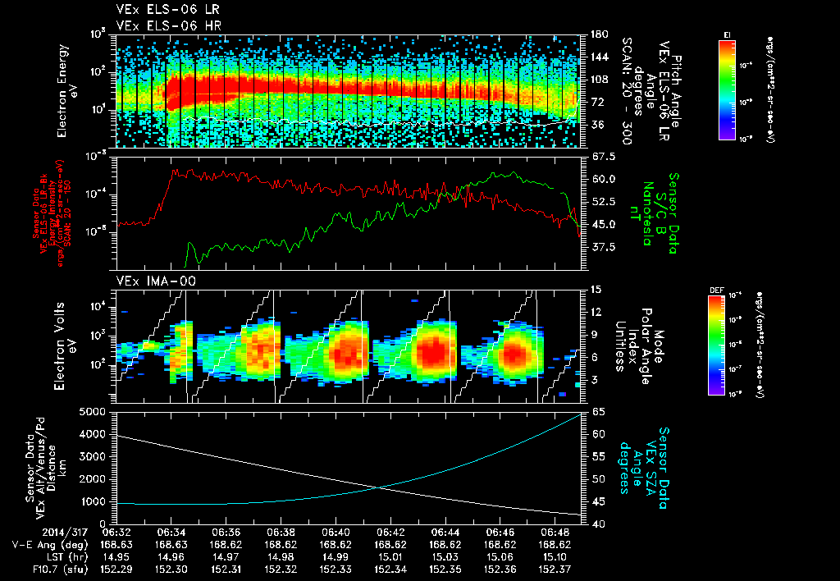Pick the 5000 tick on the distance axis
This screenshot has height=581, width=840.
[x=97, y=411]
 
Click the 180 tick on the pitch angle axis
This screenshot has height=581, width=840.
[x=597, y=34]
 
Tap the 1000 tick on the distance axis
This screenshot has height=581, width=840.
[x=97, y=501]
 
